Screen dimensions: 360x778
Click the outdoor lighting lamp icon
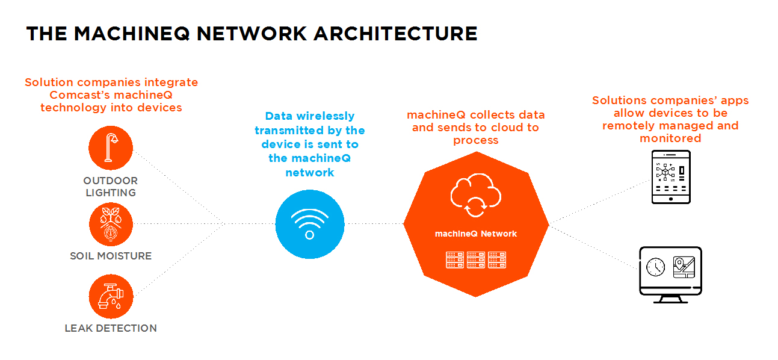[x=111, y=148]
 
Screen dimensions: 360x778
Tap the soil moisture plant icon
[x=111, y=224]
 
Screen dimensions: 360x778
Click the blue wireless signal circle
[x=310, y=224]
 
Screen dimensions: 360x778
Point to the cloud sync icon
[x=475, y=196]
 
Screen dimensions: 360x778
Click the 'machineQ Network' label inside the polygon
[x=475, y=234]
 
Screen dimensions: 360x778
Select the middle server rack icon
[x=475, y=259]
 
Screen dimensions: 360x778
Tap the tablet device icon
[x=671, y=177]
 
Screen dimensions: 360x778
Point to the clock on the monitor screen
[x=655, y=265]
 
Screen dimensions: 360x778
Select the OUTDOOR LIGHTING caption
[x=111, y=187]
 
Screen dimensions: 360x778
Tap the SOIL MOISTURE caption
[x=111, y=256]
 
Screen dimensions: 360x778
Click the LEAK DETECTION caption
[x=111, y=328]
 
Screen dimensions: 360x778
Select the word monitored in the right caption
[x=670, y=138]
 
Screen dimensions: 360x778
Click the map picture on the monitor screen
[x=684, y=265]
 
